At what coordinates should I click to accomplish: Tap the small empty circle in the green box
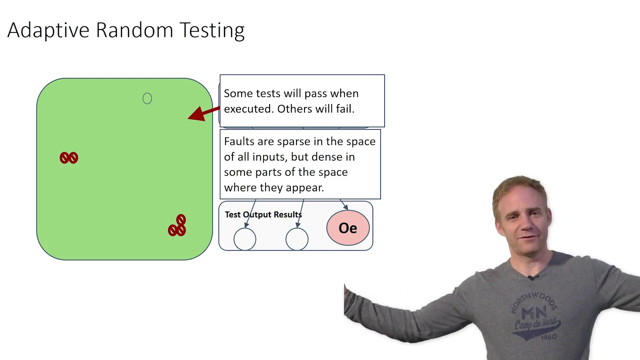point(147,98)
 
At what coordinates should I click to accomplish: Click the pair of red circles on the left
point(69,158)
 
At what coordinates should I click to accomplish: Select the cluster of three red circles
point(177,226)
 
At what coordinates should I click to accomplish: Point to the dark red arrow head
point(197,114)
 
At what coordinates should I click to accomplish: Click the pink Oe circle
point(348,228)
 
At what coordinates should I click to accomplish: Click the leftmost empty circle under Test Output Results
point(245,239)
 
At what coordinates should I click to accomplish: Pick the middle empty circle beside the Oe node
point(297,239)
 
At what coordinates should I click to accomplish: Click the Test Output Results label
point(263,214)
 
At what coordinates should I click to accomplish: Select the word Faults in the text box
point(239,141)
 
